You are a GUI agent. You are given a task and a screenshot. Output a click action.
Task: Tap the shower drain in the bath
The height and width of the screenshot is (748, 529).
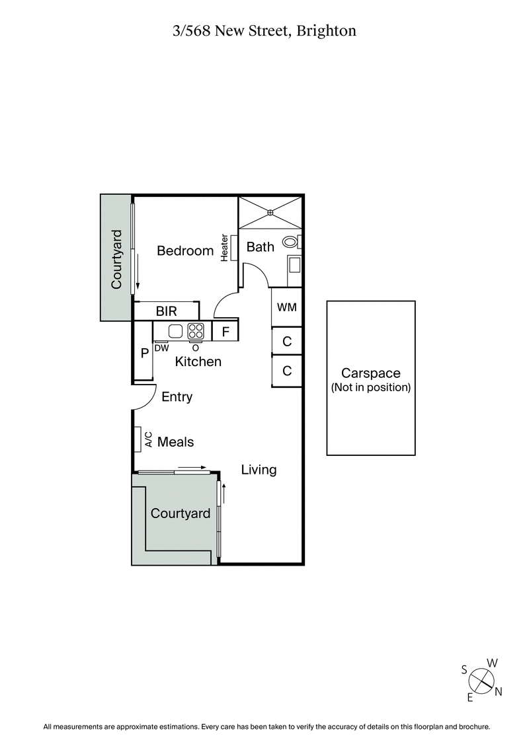click(x=270, y=212)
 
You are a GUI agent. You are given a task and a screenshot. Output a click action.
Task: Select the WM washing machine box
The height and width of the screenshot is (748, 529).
click(x=286, y=307)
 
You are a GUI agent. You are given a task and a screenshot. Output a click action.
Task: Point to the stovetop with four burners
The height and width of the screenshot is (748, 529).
click(x=196, y=330)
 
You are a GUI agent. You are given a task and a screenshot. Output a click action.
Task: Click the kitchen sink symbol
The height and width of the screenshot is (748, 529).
click(x=175, y=331)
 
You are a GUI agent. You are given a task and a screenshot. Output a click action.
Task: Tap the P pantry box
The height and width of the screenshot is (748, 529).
click(x=143, y=353)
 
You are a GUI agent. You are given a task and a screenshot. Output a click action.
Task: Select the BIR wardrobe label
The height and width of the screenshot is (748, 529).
click(x=165, y=311)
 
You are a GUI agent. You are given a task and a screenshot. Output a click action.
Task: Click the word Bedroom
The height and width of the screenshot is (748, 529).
click(x=185, y=251)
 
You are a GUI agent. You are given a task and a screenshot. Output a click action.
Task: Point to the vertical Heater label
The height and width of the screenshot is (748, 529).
click(x=225, y=248)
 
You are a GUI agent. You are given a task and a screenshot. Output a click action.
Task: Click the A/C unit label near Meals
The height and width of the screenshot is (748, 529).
click(x=149, y=439)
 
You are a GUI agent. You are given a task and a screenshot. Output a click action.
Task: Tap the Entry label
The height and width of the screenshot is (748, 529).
click(x=177, y=397)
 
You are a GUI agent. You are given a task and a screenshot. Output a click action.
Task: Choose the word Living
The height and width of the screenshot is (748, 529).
click(x=259, y=470)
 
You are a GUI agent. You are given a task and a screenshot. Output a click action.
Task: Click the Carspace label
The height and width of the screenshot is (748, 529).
click(x=370, y=374)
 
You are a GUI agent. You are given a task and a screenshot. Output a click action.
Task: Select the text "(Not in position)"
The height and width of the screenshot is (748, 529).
click(x=370, y=388)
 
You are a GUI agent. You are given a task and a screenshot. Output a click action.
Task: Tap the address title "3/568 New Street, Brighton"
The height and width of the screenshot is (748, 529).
click(x=264, y=31)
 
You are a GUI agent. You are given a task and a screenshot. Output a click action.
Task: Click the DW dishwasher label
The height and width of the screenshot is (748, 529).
click(x=161, y=348)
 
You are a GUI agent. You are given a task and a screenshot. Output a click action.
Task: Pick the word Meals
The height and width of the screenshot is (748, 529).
click(x=176, y=441)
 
